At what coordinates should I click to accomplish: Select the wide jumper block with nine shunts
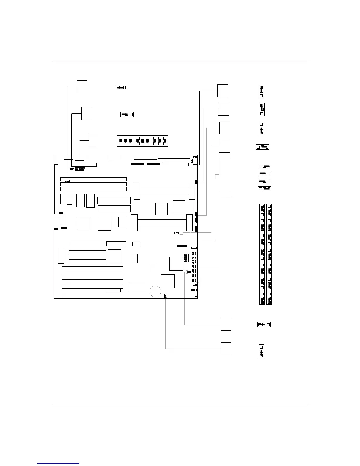(142, 141)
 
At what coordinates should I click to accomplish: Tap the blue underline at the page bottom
(58, 463)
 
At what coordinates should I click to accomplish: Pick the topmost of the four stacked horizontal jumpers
(264, 167)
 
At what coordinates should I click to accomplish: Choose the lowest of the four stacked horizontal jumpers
(264, 189)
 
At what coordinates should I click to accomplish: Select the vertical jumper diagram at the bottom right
(261, 351)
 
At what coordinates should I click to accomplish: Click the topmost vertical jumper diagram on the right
(261, 91)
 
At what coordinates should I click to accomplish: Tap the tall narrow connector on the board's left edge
(56, 189)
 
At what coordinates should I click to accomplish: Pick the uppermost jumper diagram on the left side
(122, 87)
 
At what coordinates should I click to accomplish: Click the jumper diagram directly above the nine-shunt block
(127, 114)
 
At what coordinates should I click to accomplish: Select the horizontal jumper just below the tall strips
(264, 325)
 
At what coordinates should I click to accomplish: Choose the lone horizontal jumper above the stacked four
(262, 147)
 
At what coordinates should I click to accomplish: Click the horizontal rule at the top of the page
(180, 61)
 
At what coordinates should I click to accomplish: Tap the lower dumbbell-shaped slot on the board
(162, 223)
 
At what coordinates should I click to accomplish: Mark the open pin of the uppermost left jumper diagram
(127, 87)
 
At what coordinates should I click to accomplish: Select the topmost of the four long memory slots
(94, 174)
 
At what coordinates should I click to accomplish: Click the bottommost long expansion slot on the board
(92, 295)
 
